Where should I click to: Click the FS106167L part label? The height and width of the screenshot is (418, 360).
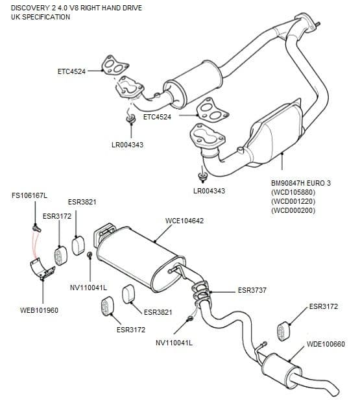[30, 195]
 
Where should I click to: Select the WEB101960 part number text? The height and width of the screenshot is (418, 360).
[40, 310]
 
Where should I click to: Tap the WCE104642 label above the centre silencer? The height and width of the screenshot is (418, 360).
[184, 221]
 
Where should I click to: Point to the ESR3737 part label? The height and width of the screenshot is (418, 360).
[252, 290]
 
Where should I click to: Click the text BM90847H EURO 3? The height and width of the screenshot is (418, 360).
[301, 184]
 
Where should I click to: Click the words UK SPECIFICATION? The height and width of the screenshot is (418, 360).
[40, 17]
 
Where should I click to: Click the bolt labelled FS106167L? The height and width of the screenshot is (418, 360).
[36, 228]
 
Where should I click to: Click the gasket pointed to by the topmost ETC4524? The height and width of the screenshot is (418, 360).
[114, 66]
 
